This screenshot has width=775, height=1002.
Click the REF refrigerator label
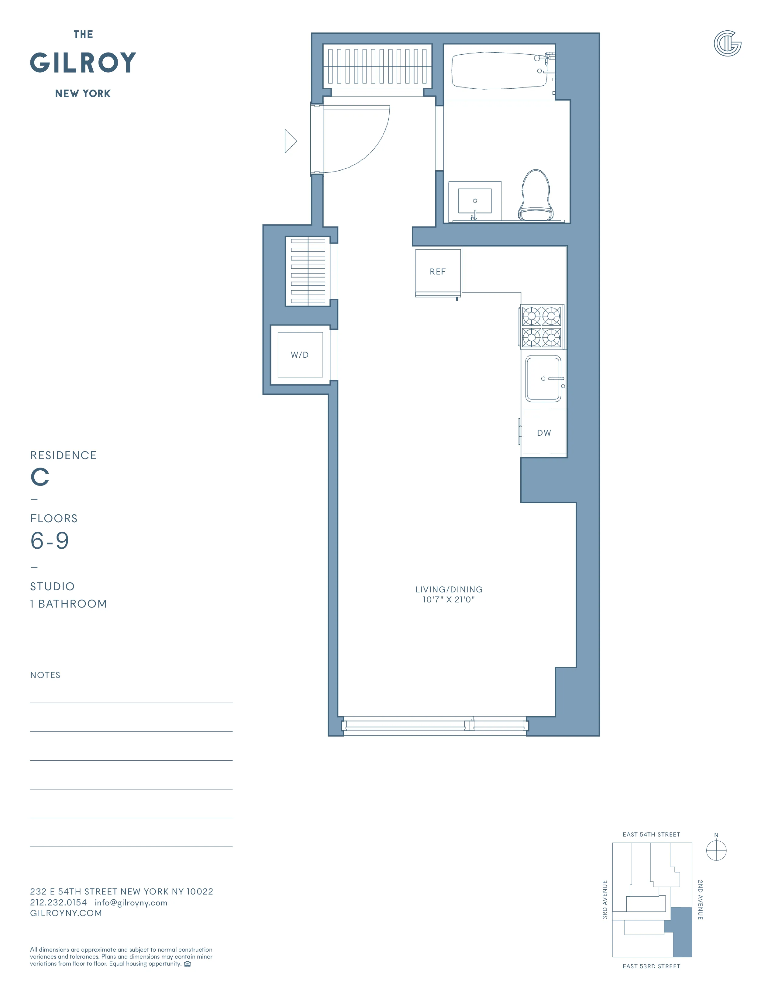point(438,272)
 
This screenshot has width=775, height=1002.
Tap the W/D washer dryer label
point(300,355)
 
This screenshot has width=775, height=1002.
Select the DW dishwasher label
point(544,433)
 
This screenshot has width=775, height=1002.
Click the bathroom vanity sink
point(475,201)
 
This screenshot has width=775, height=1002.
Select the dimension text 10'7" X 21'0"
point(449,600)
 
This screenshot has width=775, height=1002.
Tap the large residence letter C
point(40,477)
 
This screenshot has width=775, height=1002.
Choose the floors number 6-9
point(50,540)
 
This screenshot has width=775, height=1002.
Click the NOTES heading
point(45,675)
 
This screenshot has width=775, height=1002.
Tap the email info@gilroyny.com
point(131,902)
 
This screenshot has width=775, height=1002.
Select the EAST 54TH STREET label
point(651,834)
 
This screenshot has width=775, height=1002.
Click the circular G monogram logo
point(727,44)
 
